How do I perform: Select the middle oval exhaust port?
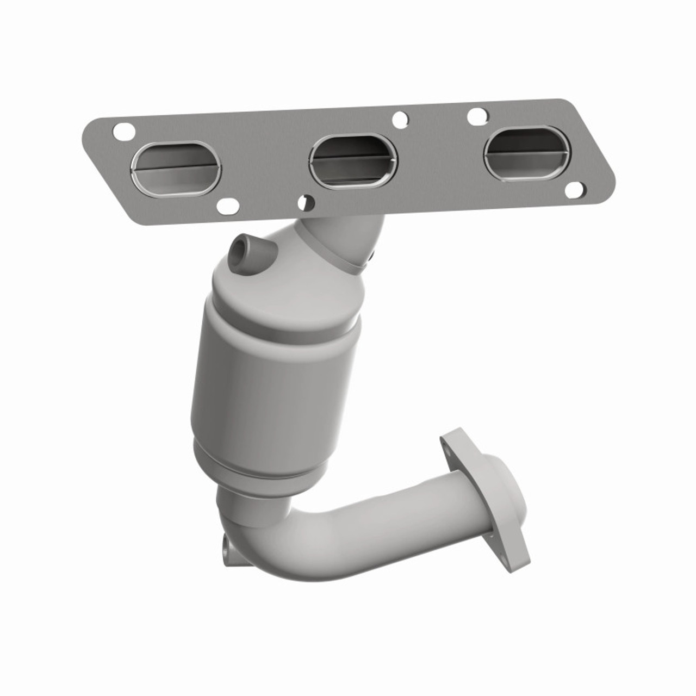(353, 160)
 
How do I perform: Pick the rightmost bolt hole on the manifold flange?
(574, 190)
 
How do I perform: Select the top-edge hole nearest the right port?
(477, 115)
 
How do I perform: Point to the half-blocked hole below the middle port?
(307, 202)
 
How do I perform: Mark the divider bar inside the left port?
(176, 166)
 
